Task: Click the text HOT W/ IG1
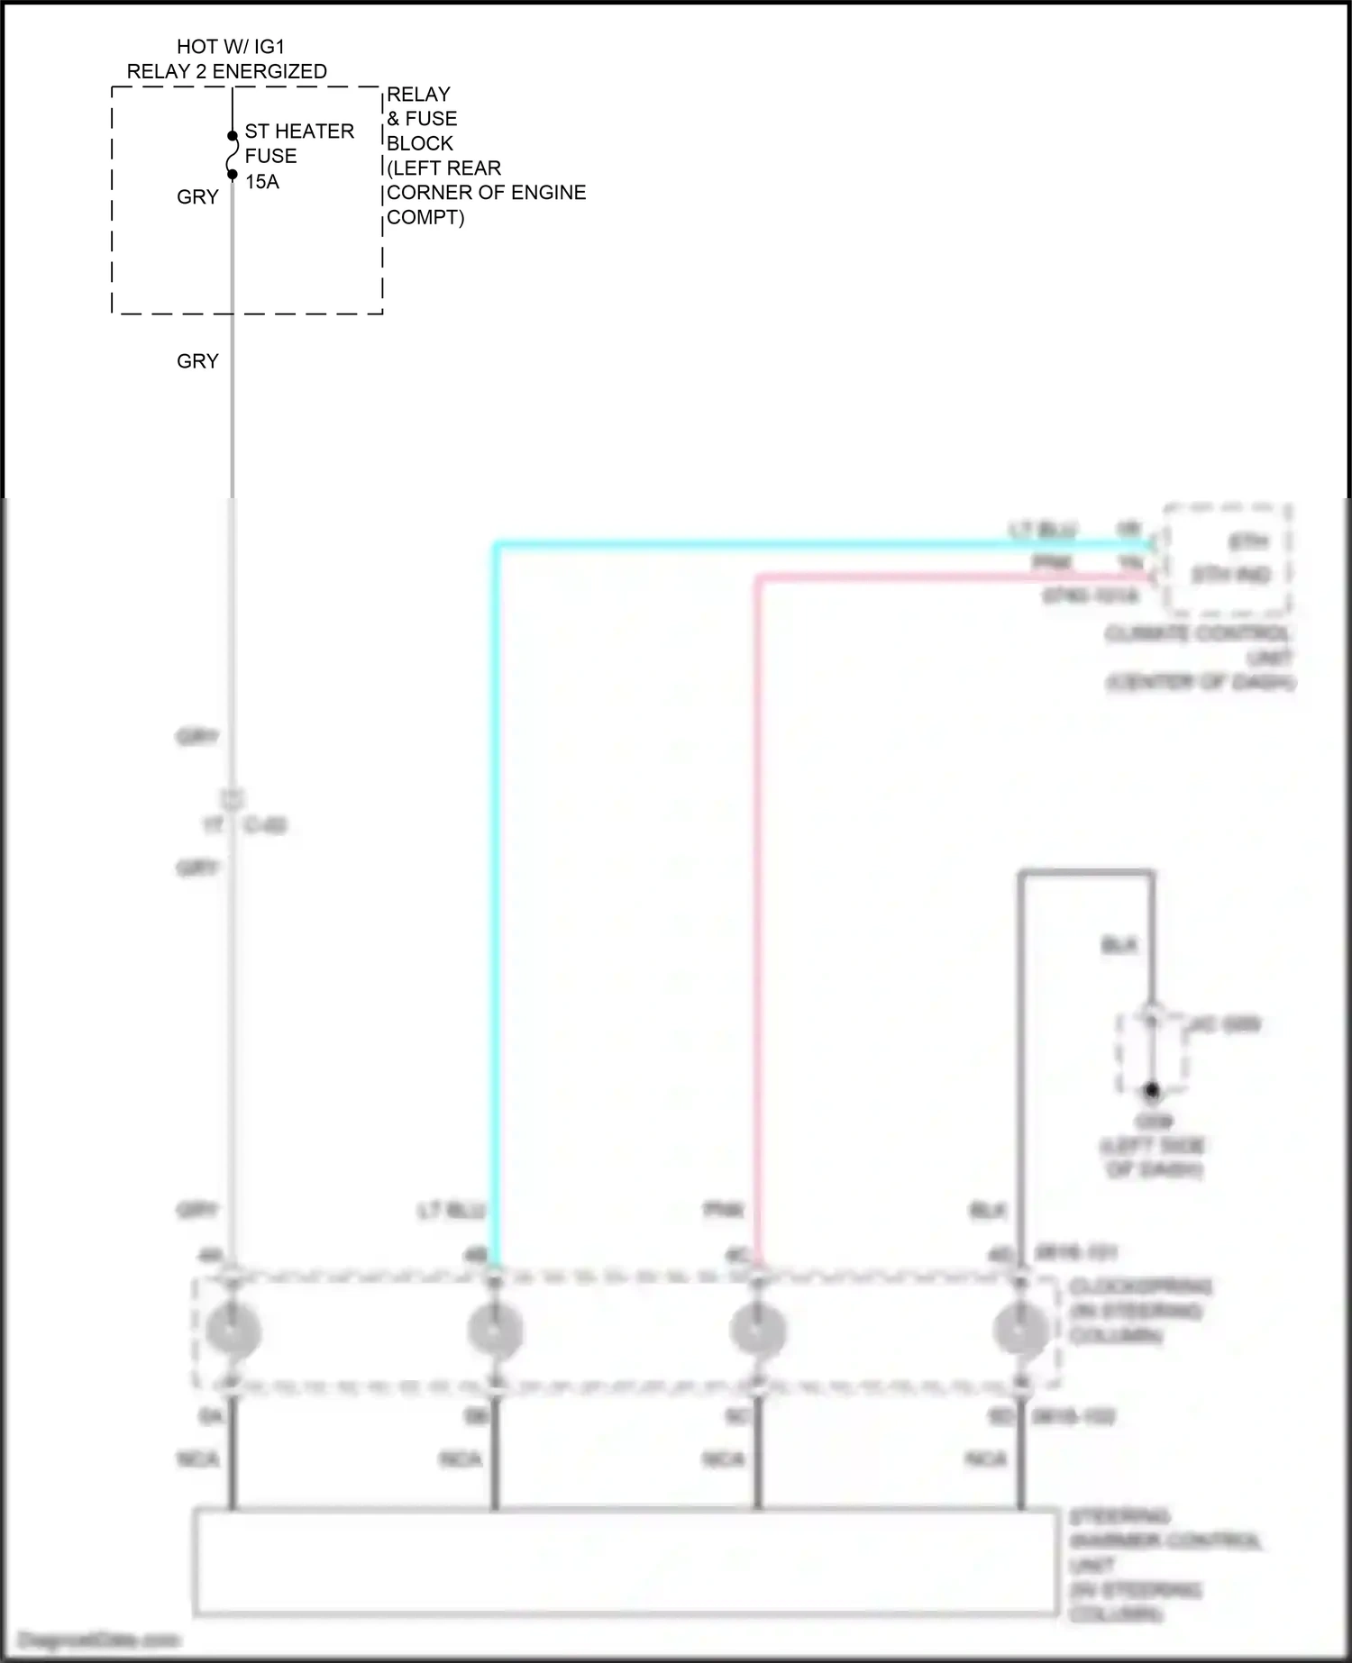coord(230,47)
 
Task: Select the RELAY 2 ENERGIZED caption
coord(227,72)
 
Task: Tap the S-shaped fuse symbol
coord(232,155)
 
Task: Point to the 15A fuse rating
coord(262,182)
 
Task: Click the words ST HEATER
coord(299,132)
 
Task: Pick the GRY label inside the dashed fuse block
coord(197,197)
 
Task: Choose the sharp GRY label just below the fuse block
coord(197,361)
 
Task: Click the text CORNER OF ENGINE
coord(487,193)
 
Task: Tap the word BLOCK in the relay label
coord(420,143)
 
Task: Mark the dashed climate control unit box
coord(1229,559)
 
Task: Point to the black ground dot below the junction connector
coord(1152,1091)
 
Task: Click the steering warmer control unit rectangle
coord(626,1561)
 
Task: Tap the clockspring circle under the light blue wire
coord(495,1330)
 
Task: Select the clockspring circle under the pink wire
coord(758,1330)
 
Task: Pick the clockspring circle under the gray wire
coord(233,1330)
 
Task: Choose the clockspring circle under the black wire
coord(1020,1330)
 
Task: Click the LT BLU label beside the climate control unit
coord(1044,530)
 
